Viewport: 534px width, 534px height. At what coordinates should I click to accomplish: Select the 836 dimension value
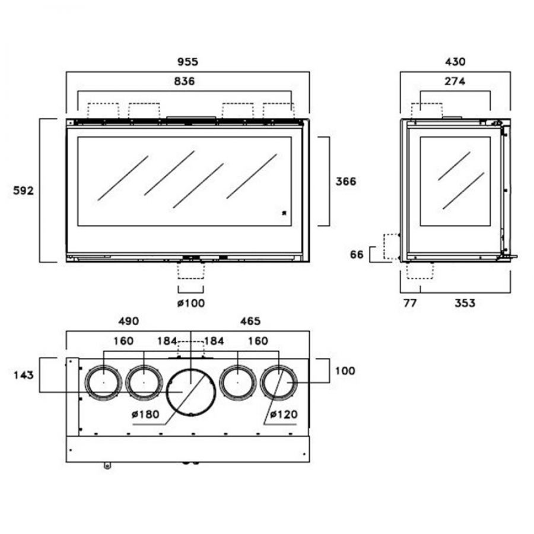pos(185,81)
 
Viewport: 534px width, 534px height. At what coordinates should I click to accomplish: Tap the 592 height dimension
pos(24,190)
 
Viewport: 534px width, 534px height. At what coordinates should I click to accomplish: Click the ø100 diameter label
pos(190,303)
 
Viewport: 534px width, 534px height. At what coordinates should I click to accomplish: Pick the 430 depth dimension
pos(454,62)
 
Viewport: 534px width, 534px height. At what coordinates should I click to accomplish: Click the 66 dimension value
pos(357,255)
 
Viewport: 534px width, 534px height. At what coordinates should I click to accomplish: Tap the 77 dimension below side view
pos(409,303)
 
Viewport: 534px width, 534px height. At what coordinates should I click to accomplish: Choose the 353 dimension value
pos(465,303)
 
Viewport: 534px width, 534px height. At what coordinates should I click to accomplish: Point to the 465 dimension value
pos(250,321)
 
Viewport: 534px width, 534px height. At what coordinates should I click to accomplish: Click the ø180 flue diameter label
pos(147,414)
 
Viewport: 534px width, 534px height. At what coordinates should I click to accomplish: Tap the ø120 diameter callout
pos(283,414)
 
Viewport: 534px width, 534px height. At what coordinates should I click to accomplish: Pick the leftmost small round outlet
pos(104,382)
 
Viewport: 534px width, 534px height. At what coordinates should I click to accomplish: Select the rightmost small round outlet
pos(279,382)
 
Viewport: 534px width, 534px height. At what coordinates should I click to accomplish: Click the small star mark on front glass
pos(284,212)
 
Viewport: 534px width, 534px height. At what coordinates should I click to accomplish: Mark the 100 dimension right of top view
pos(345,371)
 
